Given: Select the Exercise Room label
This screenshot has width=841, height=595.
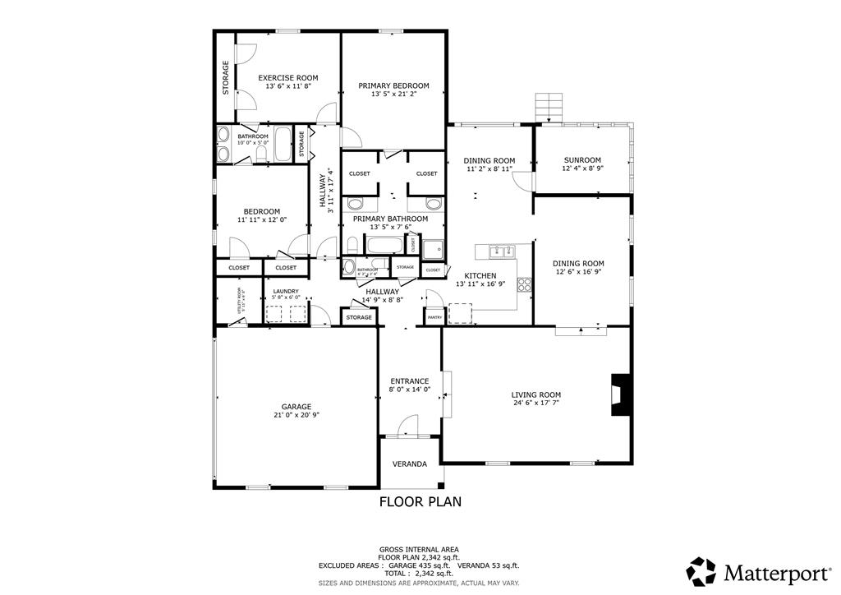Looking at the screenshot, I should [288, 78].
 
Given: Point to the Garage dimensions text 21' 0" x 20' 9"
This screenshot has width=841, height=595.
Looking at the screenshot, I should [296, 415].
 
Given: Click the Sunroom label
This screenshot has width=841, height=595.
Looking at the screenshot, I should [581, 160].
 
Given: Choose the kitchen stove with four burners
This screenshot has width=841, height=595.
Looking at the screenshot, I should [523, 285].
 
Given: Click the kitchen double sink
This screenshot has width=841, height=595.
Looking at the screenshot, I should [499, 251].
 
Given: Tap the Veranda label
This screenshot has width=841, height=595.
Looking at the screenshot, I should [409, 464].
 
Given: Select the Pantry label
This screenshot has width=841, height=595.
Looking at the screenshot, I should [434, 316].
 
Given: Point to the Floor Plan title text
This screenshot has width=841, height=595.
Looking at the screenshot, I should [420, 500].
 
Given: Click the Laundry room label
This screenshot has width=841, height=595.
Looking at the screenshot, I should [286, 291].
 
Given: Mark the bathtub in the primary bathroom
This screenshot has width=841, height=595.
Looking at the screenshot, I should [384, 245].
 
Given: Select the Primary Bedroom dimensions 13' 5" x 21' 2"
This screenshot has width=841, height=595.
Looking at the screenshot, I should [393, 94].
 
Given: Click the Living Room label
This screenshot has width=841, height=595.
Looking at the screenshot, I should [536, 394].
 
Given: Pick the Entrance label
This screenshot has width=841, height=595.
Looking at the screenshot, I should [409, 381].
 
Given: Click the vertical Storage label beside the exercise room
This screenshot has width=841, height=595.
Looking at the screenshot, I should [226, 78].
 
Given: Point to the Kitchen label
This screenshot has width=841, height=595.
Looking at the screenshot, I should [480, 275].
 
